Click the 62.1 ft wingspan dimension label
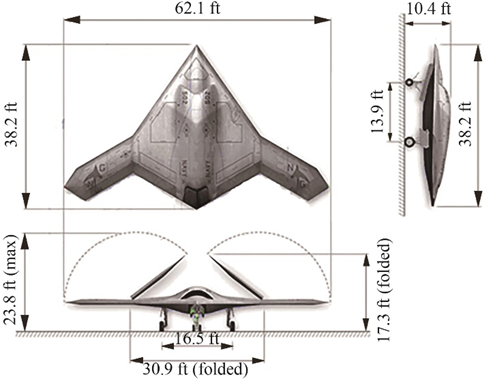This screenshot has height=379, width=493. (197, 8)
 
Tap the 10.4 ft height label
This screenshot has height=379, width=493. (429, 8)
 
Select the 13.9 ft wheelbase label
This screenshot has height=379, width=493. (378, 112)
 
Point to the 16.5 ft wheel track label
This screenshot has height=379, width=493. (197, 339)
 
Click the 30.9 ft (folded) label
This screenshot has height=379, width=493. (196, 369)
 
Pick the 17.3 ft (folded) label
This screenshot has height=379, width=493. (384, 290)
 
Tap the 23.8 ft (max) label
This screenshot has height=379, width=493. (10, 284)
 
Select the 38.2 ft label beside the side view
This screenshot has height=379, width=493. (466, 124)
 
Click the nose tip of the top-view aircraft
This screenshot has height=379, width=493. (197, 45)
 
